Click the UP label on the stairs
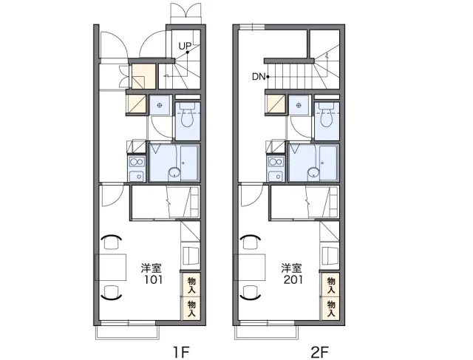185,46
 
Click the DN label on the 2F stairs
259,77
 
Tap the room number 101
153,279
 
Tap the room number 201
293,279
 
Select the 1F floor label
181,352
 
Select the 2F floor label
320,352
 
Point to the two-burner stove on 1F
137,163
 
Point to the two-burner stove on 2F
276,163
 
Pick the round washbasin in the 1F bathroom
174,173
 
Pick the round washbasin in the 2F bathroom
313,173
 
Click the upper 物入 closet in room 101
191,285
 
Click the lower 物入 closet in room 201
330,308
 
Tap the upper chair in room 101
112,242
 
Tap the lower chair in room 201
251,292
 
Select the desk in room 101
111,267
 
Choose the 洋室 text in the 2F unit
293,268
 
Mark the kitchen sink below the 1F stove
137,176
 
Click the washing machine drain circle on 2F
299,105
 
